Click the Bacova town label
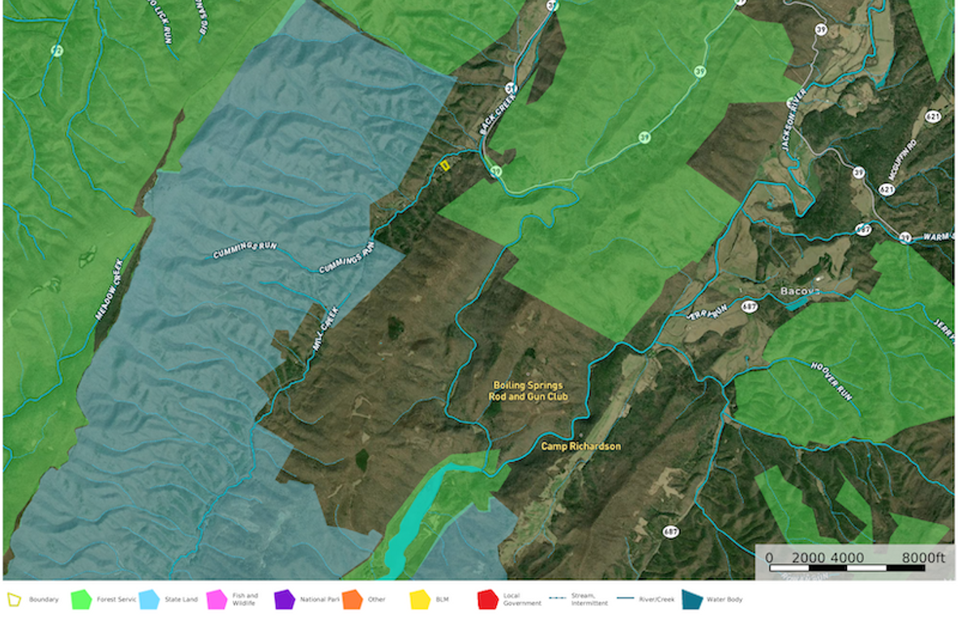coord(801,291)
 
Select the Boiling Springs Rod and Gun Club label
coord(528,391)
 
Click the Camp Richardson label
coord(581,446)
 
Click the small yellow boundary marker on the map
coord(444,164)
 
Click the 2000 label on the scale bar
coord(808,558)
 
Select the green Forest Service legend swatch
coord(81,600)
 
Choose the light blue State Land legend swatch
coord(149,600)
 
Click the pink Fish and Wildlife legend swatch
coord(217,600)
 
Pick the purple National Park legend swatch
coord(284,600)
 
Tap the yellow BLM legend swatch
coord(420,600)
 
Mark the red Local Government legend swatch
coord(487,600)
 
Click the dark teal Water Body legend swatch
coord(691,600)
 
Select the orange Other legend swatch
coord(352,600)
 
